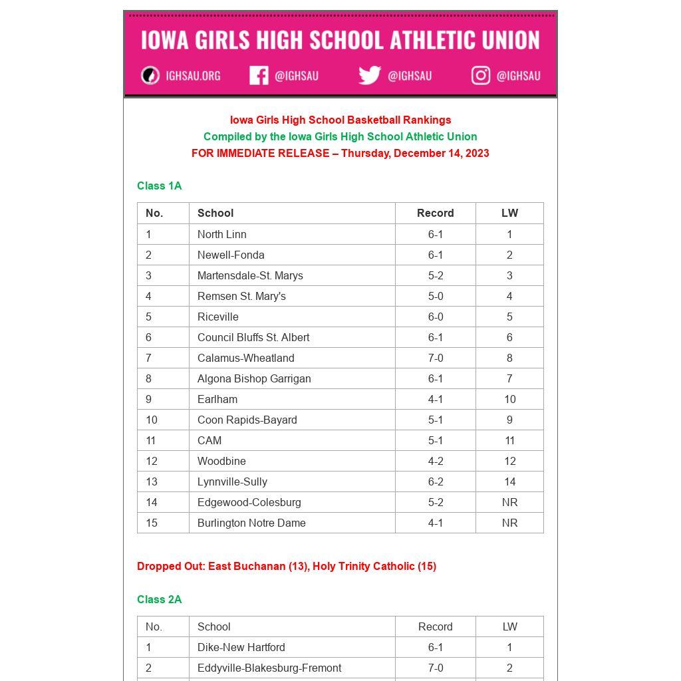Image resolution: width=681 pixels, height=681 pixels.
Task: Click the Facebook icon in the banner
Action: click(259, 76)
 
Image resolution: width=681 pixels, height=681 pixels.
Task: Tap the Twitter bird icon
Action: click(370, 76)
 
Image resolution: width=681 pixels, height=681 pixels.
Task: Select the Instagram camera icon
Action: click(481, 76)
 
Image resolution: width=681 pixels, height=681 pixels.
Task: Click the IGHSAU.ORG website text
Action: click(193, 76)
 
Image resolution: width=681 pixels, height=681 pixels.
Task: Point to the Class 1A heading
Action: click(160, 186)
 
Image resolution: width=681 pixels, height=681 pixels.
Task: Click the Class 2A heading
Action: click(160, 599)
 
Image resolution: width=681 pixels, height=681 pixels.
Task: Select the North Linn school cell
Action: click(222, 234)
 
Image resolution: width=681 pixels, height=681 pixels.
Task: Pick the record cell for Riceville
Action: click(436, 317)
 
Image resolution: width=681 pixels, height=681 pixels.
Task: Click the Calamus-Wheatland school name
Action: click(246, 358)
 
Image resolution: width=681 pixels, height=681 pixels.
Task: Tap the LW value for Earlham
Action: click(509, 399)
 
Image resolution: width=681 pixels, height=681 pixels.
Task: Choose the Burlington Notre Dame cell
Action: click(251, 523)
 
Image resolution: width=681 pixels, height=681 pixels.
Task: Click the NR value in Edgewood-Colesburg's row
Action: click(509, 502)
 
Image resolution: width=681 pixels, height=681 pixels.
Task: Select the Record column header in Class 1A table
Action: click(436, 213)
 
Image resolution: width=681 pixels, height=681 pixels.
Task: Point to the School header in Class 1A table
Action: click(215, 213)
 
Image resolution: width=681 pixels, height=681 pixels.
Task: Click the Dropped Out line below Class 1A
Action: click(287, 566)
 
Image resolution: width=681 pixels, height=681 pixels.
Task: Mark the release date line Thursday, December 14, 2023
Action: click(340, 153)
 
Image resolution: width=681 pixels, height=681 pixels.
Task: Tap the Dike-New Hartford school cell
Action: click(241, 647)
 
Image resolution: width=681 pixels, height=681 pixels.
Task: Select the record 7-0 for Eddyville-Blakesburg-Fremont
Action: click(436, 668)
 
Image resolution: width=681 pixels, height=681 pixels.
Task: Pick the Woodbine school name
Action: click(221, 461)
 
